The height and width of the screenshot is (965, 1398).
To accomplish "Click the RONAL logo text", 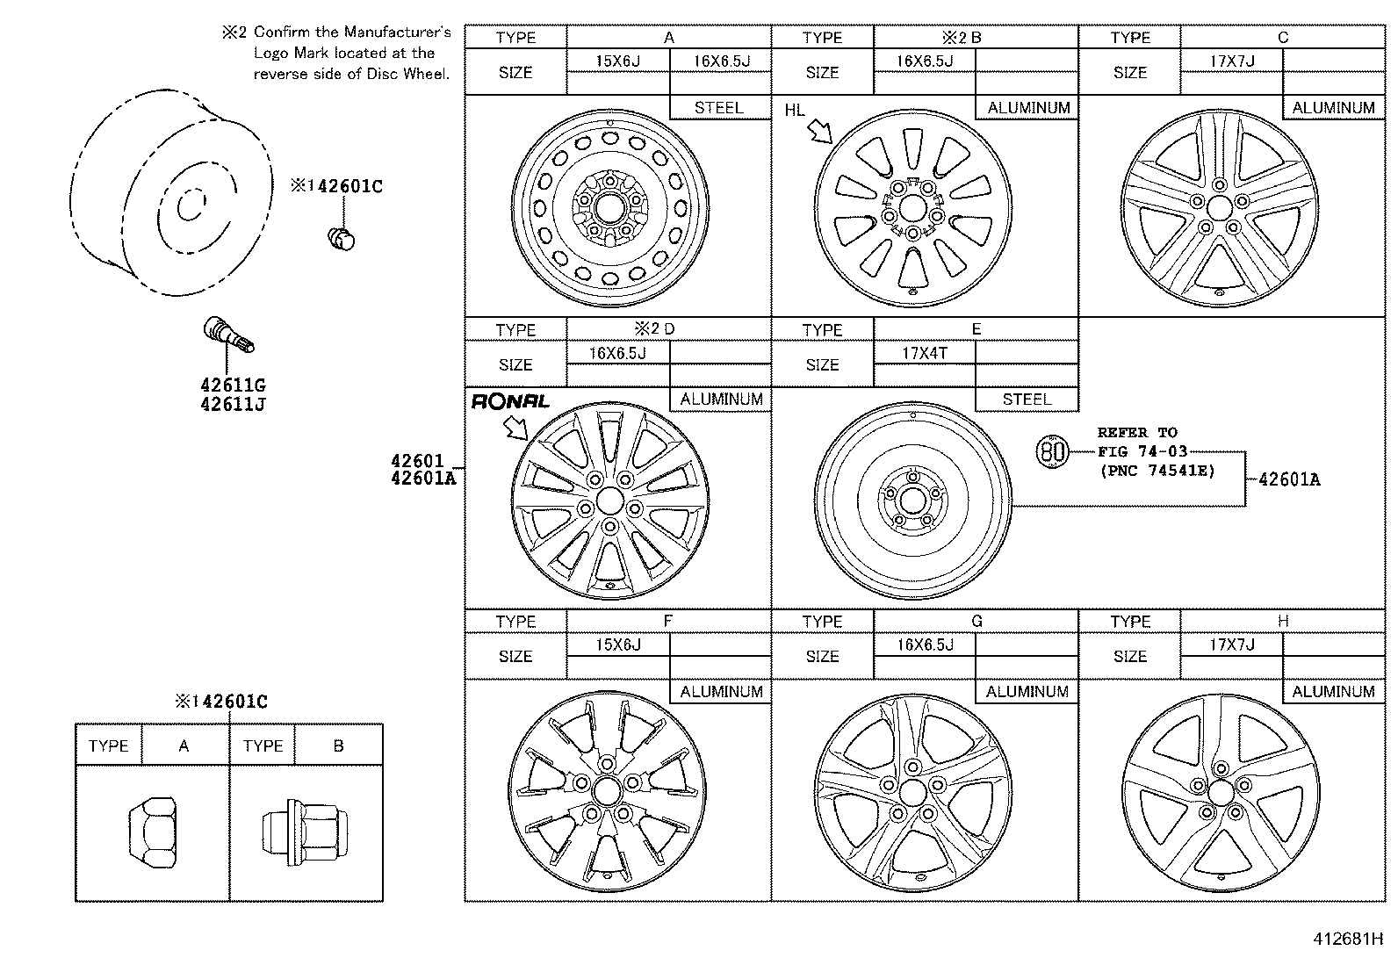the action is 510,401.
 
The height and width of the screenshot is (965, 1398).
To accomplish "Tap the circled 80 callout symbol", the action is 1052,451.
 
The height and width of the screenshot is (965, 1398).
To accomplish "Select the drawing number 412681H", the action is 1348,939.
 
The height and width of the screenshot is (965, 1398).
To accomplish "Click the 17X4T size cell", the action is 925,353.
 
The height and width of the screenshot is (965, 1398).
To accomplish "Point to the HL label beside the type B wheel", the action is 795,111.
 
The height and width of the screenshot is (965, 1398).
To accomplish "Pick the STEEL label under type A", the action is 719,108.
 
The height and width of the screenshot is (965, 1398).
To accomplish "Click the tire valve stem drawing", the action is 228,335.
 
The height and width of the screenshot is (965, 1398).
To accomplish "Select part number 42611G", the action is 233,385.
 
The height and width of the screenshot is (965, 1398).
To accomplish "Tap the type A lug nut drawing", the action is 152,832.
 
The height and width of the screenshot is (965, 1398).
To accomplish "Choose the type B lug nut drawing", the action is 306,832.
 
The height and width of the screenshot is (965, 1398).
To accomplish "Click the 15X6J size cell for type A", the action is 618,61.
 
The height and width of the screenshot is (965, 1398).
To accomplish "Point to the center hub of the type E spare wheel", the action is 912,501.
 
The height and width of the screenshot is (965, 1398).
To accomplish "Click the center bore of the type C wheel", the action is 1220,208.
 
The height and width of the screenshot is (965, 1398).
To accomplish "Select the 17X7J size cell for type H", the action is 1232,645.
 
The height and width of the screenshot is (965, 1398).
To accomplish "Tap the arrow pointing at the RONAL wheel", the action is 515,428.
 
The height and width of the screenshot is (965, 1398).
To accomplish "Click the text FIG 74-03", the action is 1142,451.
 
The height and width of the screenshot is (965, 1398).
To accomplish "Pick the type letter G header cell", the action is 976,621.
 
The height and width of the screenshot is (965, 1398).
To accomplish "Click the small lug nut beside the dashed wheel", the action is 342,239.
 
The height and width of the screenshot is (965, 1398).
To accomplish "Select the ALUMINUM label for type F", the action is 722,692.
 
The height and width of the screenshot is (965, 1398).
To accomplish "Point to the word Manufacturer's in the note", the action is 397,32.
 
